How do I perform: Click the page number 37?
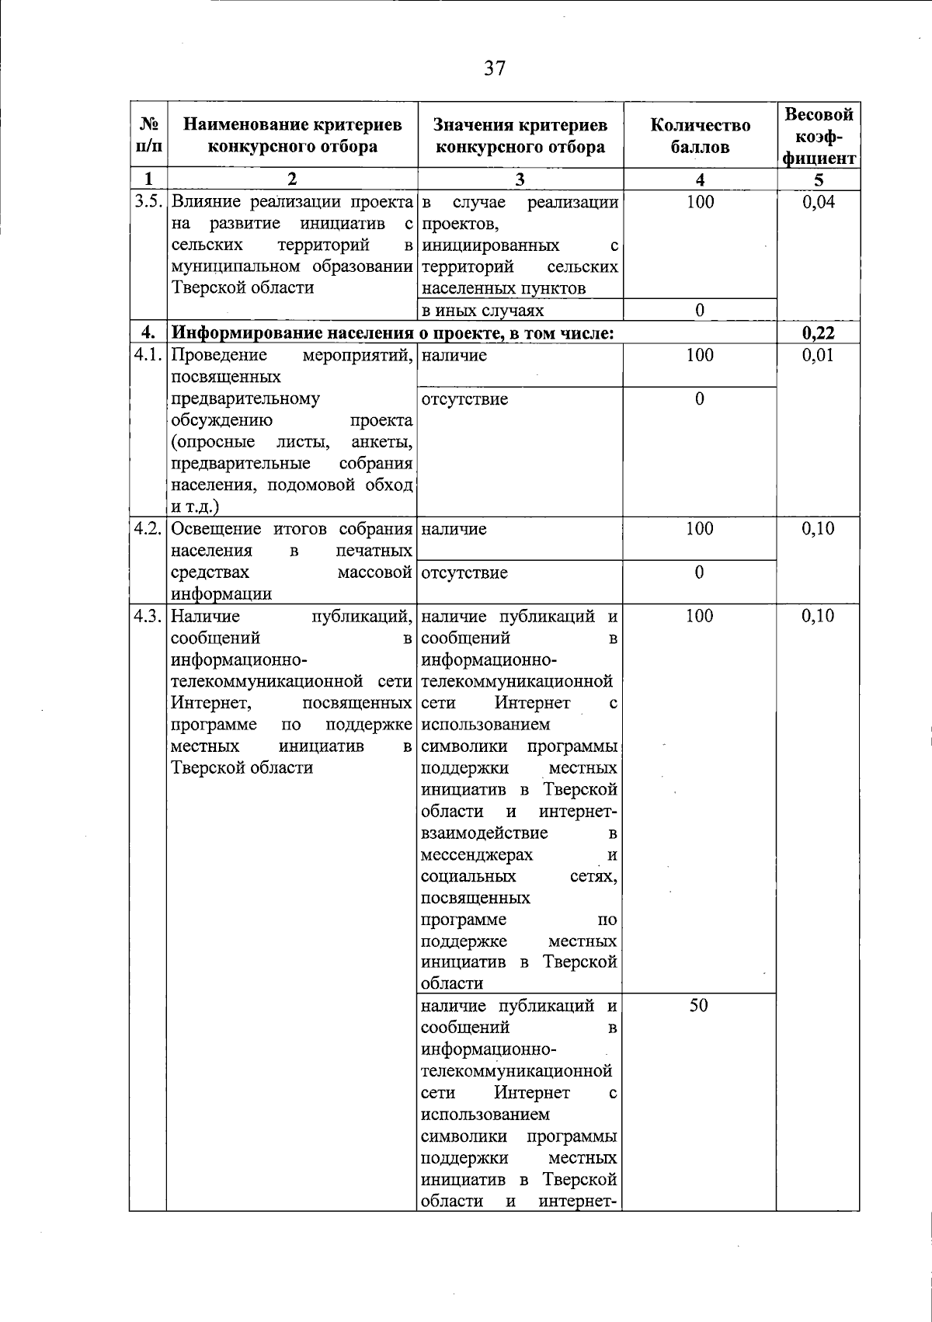tap(495, 68)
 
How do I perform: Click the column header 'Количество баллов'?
tap(700, 136)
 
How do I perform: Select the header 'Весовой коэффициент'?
tap(819, 136)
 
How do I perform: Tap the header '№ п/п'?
tap(148, 135)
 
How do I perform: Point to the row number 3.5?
tap(148, 203)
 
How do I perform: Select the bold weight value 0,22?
tap(819, 333)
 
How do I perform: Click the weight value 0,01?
tap(819, 356)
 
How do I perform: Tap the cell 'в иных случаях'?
tap(482, 311)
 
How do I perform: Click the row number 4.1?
tap(148, 356)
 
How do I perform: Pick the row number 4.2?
tap(148, 530)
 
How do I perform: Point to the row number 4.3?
tap(148, 617)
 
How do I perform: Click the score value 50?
tap(699, 1006)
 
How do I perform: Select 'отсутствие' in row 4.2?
tap(464, 573)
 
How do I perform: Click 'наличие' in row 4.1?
tap(454, 356)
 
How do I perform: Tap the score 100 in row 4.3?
tap(699, 617)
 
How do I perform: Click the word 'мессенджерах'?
tap(477, 855)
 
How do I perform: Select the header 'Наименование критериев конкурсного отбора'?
tap(292, 136)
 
